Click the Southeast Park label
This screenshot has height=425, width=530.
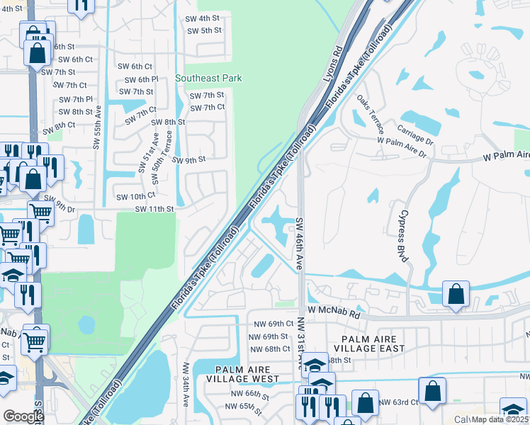[208, 79]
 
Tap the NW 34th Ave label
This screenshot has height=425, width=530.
[186, 385]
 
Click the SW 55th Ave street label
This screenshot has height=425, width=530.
[97, 127]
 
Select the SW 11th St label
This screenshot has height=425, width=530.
[154, 209]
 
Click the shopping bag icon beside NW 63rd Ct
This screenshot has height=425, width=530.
[432, 391]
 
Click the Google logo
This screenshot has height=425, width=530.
[23, 416]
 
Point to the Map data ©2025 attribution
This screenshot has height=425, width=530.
[500, 419]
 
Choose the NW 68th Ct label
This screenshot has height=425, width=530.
[269, 348]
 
